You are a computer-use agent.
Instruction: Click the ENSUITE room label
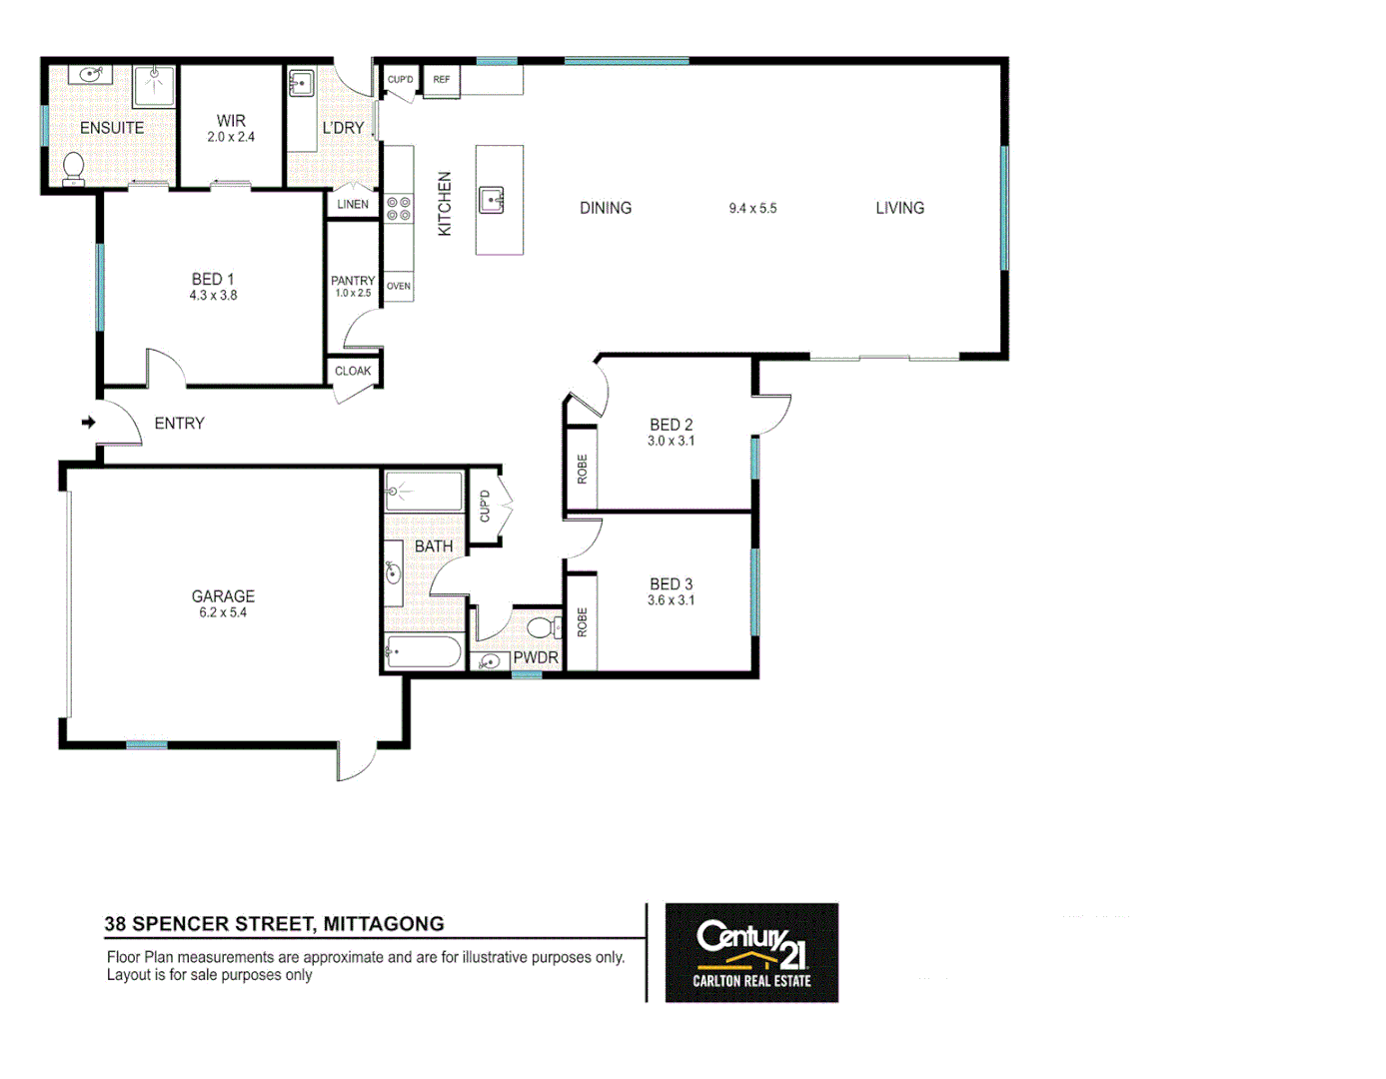(x=112, y=128)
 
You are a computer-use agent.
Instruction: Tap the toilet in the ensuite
(x=73, y=168)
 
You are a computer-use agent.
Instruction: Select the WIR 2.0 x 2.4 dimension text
(x=231, y=137)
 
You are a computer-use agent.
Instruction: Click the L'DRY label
(x=343, y=128)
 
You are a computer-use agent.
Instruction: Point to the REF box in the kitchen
(x=441, y=80)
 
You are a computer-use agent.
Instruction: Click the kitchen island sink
(x=491, y=200)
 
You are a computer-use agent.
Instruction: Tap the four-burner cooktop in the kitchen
(x=399, y=209)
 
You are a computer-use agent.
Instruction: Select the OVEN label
(x=399, y=287)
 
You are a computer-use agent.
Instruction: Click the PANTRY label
(x=353, y=281)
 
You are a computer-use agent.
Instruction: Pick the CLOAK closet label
(x=353, y=371)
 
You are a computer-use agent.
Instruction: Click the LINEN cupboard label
(x=353, y=204)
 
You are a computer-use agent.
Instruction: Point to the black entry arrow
(x=88, y=423)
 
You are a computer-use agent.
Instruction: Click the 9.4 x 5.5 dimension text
(x=752, y=209)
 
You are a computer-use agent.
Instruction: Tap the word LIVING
(x=899, y=208)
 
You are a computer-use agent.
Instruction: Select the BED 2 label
(x=671, y=425)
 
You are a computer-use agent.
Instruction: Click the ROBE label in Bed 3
(x=583, y=622)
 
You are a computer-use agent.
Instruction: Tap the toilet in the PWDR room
(x=543, y=627)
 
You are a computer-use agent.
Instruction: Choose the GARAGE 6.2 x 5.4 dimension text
(x=223, y=612)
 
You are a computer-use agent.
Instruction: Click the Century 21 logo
(x=751, y=952)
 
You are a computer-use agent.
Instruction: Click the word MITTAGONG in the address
(x=384, y=924)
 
